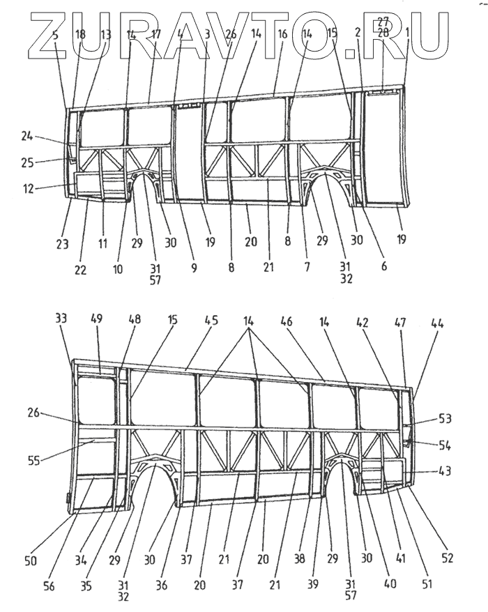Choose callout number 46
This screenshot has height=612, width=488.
coord(325,322)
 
